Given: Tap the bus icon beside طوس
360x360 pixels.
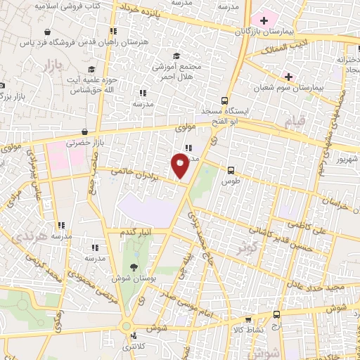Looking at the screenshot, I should [231, 169].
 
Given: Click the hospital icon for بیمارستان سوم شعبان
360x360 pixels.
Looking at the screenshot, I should [288, 77].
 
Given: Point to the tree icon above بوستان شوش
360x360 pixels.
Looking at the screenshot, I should [134, 266].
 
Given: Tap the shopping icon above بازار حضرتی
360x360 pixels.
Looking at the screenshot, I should [85, 131].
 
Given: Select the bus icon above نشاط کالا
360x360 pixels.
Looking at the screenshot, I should [276, 315].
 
